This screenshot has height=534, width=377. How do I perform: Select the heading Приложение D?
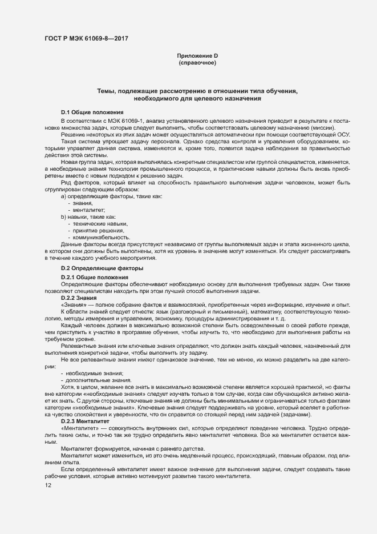point(197,55)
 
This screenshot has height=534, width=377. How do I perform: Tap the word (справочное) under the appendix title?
point(197,62)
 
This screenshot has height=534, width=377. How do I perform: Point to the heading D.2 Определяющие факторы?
point(102,268)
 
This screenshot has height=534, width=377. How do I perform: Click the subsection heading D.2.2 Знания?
point(79,298)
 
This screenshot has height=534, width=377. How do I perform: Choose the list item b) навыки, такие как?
point(88,217)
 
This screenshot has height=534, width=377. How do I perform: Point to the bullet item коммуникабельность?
point(98,238)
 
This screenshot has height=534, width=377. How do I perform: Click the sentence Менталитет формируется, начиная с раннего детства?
point(129,448)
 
